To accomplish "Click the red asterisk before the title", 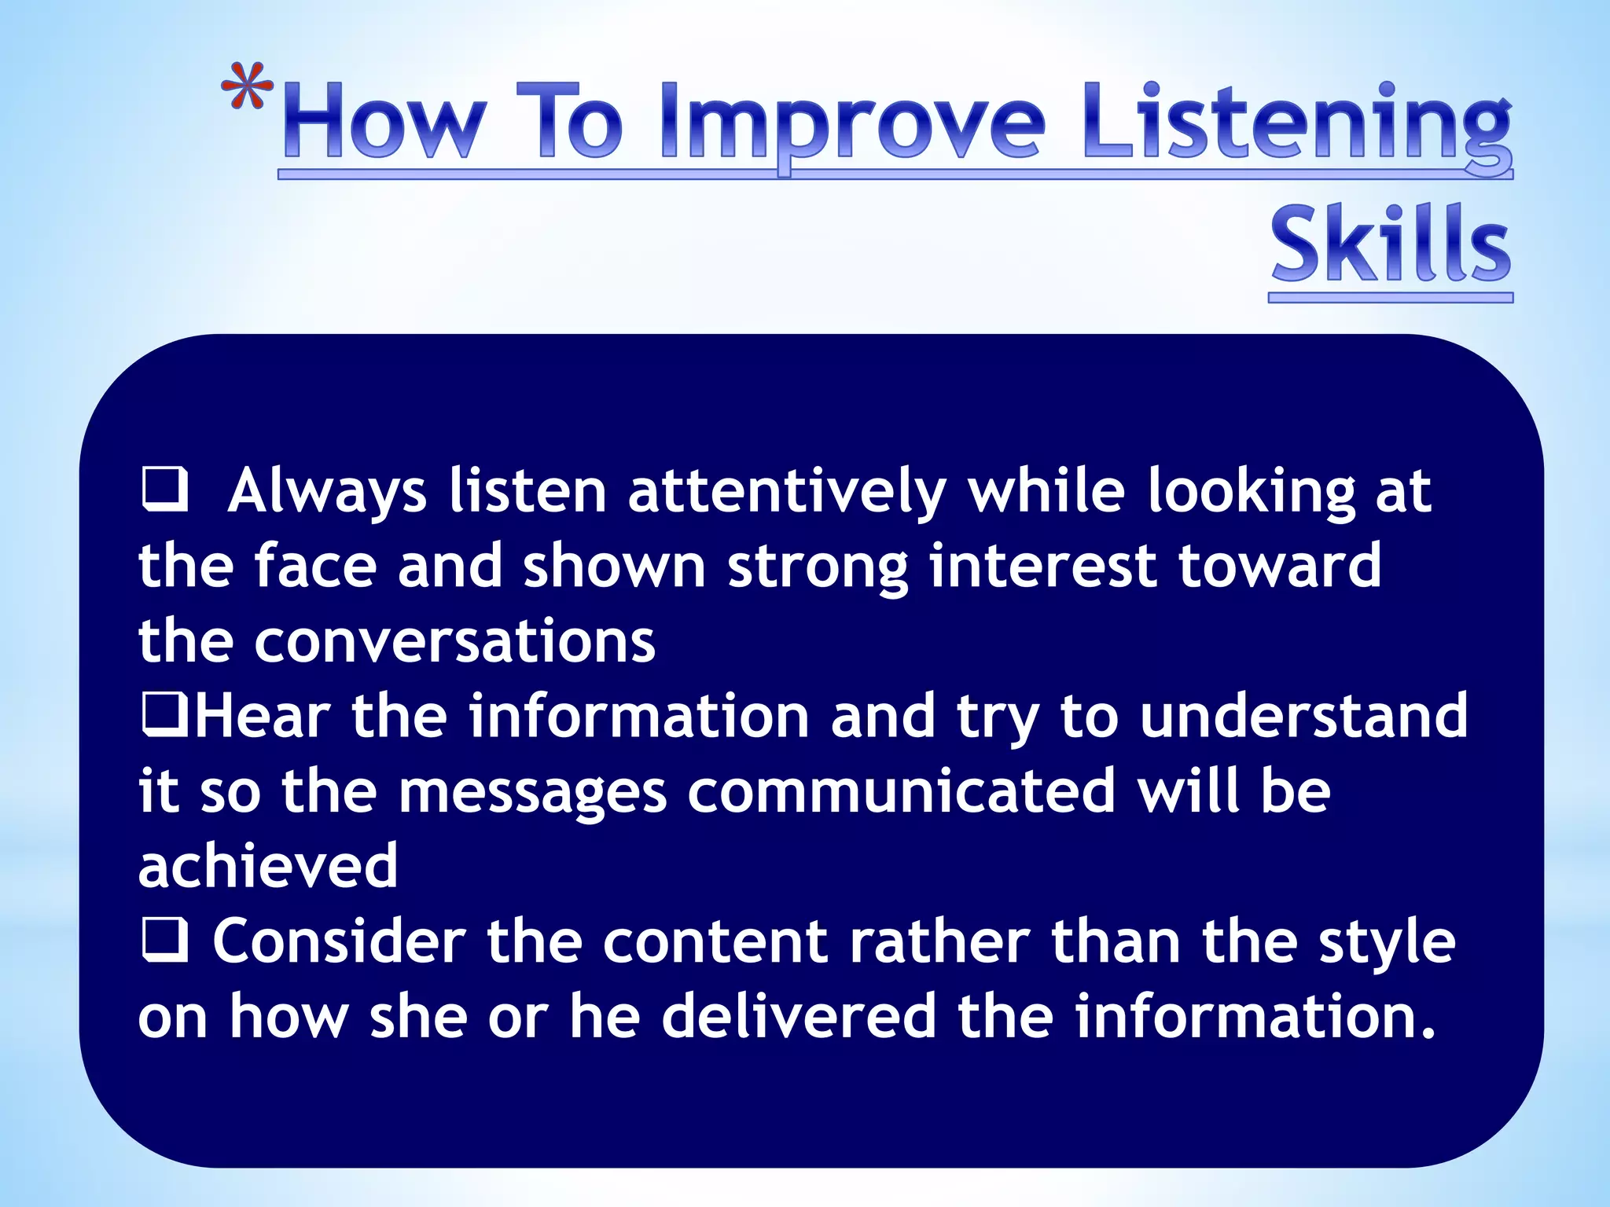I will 247,87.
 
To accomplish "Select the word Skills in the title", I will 1390,244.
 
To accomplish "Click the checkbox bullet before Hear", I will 164,715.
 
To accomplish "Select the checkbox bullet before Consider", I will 164,941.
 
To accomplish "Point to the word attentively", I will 786,492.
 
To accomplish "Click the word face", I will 314,566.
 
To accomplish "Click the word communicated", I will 901,791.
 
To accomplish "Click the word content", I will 715,941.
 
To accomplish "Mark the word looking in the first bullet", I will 1251,492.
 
